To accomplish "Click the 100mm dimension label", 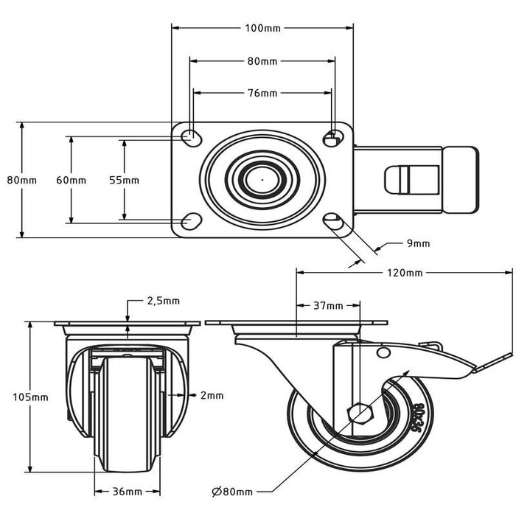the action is (262, 28).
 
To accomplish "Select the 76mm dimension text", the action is (262, 94).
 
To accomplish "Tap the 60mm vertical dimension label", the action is (71, 181).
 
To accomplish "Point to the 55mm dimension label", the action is (124, 181).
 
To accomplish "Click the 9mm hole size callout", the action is (418, 243).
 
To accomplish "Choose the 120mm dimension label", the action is (405, 273).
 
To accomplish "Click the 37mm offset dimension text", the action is (328, 306).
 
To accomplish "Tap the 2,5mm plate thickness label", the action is (163, 301).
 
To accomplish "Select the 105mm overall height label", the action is (31, 397).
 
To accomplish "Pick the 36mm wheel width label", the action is (128, 492).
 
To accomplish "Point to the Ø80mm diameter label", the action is (232, 492).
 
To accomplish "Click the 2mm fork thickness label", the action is (212, 395).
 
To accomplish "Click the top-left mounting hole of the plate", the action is (191, 138).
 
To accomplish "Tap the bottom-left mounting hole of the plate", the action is (191, 221).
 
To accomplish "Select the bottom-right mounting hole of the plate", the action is (333, 221).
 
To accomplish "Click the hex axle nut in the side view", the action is (360, 411).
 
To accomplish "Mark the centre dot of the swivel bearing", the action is (262, 180).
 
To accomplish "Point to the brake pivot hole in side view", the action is (383, 353).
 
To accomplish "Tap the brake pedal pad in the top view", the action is (460, 181).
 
